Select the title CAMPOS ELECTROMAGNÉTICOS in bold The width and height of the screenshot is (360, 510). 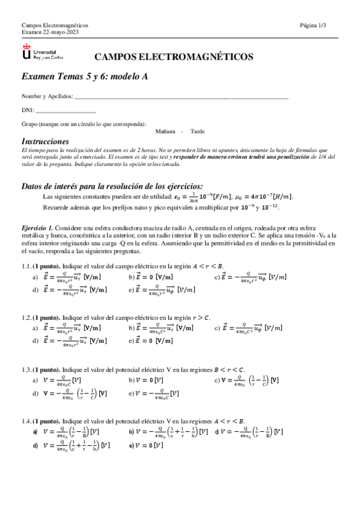[x=174, y=57]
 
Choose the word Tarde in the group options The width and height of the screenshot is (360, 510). [x=197, y=131]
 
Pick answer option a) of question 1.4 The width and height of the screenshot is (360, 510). [x=66, y=432]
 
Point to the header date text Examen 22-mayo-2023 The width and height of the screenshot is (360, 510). [x=50, y=32]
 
